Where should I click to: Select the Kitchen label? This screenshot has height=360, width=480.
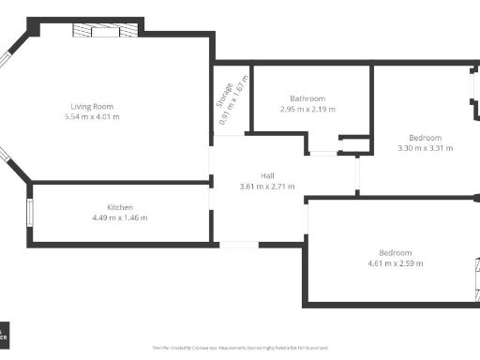pyautogui.click(x=119, y=207)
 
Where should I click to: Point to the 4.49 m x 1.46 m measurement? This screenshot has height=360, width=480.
pyautogui.click(x=119, y=217)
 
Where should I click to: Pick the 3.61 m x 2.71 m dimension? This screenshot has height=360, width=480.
pyautogui.click(x=268, y=187)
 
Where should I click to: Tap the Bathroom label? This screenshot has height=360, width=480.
pyautogui.click(x=307, y=98)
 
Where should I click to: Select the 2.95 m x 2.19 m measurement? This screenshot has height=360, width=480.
pyautogui.click(x=307, y=110)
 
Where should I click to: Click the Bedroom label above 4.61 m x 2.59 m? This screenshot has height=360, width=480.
pyautogui.click(x=395, y=253)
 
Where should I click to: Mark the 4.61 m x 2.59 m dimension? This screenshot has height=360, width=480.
pyautogui.click(x=395, y=264)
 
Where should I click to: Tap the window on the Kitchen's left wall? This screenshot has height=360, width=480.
pyautogui.click(x=30, y=213)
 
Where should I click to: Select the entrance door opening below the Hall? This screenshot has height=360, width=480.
pyautogui.click(x=238, y=245)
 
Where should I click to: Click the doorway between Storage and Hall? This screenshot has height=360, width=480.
pyautogui.click(x=228, y=136)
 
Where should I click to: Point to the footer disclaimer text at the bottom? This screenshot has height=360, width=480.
pyautogui.click(x=239, y=347)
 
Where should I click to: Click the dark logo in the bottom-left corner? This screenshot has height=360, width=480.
pyautogui.click(x=5, y=334)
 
